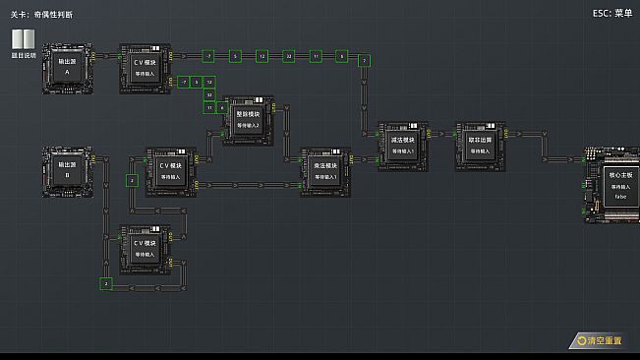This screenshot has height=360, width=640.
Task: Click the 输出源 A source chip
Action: click(67, 68)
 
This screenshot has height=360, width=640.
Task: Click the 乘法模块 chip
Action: click(325, 171)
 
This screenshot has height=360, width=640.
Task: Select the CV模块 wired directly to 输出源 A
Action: click(145, 68)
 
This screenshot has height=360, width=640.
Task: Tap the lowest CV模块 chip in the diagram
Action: click(145, 249)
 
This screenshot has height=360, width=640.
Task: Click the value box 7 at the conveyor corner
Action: click(364, 61)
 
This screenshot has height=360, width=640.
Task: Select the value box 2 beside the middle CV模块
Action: click(132, 181)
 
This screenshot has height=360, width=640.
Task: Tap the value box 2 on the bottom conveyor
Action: click(105, 283)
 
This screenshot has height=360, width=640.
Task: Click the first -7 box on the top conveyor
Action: click(208, 57)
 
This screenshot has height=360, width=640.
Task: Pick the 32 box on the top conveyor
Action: click(288, 57)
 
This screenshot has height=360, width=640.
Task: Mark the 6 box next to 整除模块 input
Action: click(221, 107)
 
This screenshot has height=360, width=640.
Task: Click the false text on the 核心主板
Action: click(620, 197)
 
